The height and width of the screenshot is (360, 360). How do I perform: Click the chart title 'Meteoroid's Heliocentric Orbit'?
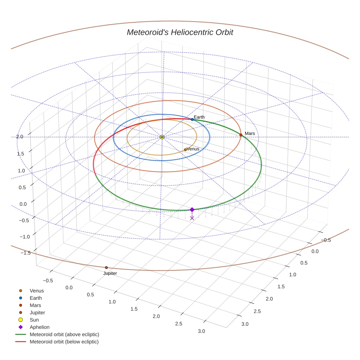[180, 32]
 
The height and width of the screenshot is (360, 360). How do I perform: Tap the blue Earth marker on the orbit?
[192, 120]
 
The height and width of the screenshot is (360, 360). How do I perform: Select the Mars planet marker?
[241, 135]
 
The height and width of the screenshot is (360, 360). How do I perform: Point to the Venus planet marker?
[185, 150]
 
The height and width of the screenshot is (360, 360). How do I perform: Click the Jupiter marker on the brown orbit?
[106, 267]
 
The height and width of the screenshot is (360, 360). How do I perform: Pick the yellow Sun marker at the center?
[162, 137]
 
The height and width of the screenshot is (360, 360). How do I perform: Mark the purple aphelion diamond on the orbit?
[192, 210]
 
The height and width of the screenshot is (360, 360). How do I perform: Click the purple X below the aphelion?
[192, 218]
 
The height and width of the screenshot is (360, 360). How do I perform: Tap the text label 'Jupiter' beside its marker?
[110, 273]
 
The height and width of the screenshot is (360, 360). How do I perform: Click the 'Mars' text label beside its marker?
[250, 134]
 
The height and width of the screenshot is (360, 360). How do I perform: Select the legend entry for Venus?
[37, 291]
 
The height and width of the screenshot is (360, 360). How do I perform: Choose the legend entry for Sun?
[35, 320]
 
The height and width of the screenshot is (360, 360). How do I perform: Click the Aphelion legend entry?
[40, 327]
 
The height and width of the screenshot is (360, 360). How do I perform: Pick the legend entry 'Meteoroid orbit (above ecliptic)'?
[64, 334]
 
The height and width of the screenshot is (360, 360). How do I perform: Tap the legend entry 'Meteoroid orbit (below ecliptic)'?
[64, 342]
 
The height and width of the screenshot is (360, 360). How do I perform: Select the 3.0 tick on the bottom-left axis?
[201, 331]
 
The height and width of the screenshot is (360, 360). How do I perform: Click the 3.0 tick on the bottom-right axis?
[245, 324]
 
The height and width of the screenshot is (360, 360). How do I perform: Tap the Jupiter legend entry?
[37, 312]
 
